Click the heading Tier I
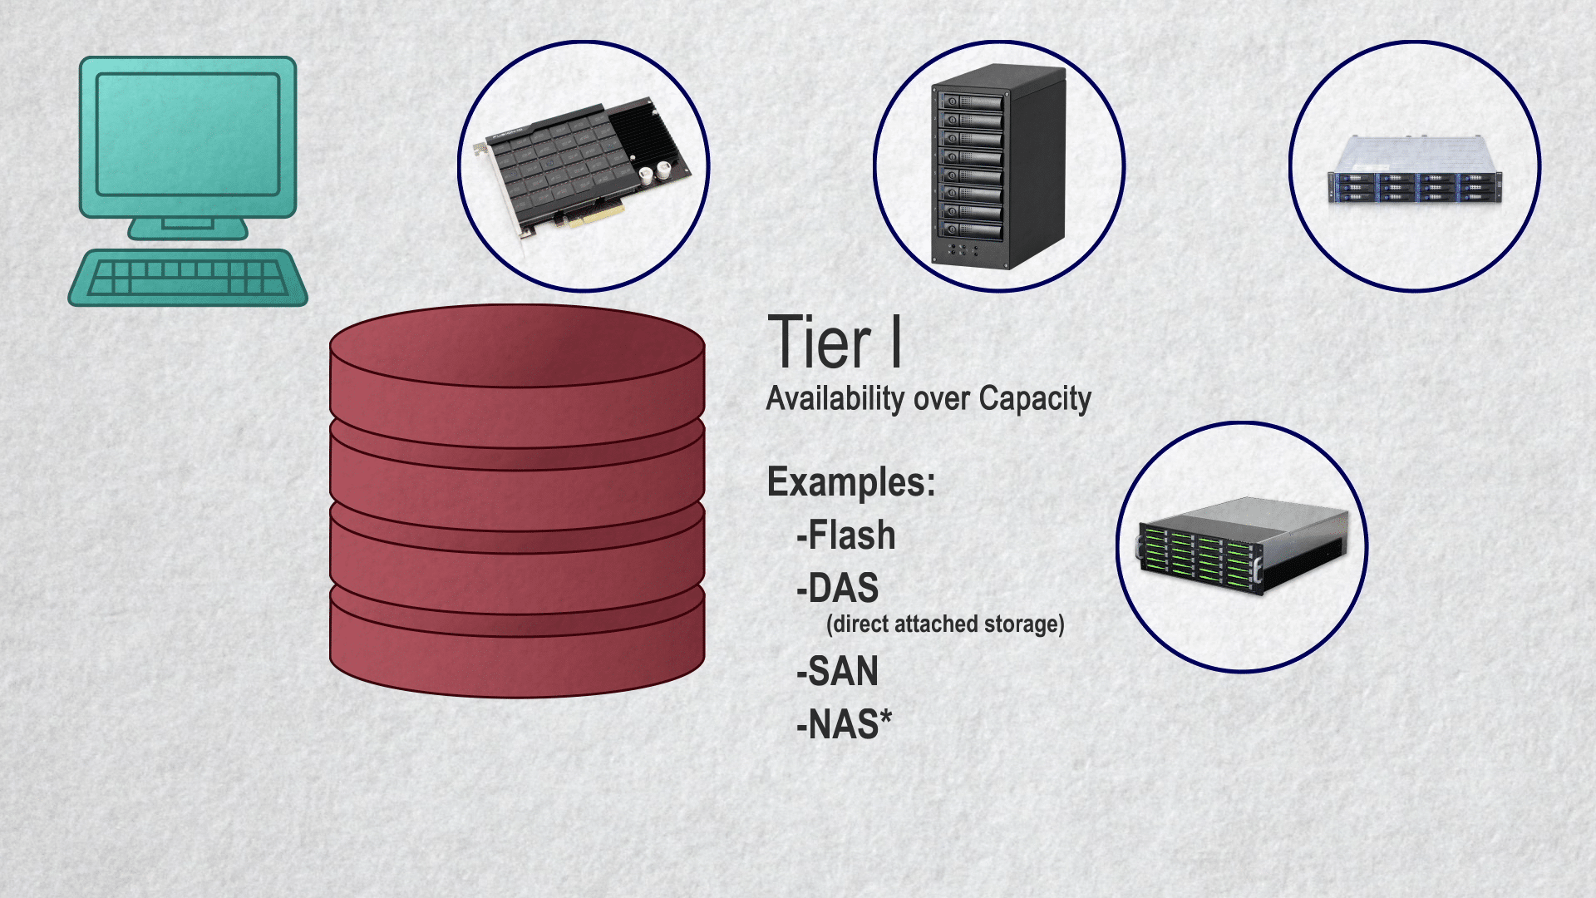click(x=835, y=342)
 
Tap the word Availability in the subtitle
click(x=835, y=399)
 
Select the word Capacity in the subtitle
click(x=1035, y=399)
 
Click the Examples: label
click(x=851, y=482)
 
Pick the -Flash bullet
click(x=846, y=535)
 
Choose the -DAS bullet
click(x=837, y=589)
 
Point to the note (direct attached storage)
click(x=946, y=624)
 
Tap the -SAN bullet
click(x=837, y=672)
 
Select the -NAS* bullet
click(x=844, y=724)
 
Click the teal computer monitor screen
click(x=188, y=135)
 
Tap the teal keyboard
click(x=188, y=278)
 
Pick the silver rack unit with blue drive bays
click(x=1415, y=170)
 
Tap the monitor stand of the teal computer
click(x=188, y=228)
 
